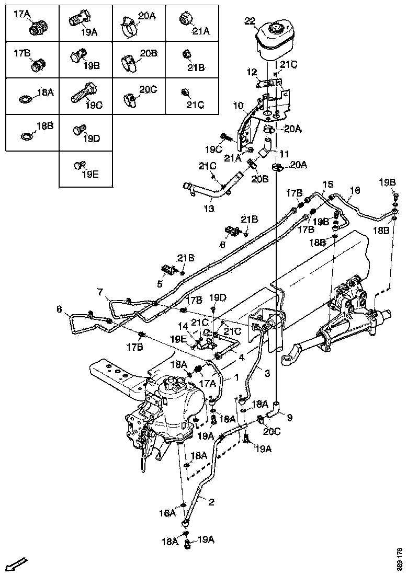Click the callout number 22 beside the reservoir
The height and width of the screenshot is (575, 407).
coord(250,20)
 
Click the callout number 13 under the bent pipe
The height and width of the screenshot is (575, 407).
coord(208,209)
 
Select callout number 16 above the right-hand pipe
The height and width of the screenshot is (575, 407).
coord(355,191)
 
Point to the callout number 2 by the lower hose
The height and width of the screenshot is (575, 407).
coord(211,502)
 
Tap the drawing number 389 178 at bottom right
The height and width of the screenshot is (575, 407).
coord(400,559)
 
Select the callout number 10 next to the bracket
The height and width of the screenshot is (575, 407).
coord(238,106)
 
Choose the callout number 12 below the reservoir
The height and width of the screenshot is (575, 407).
coord(253,72)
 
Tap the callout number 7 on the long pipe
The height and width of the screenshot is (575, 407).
coord(99,291)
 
